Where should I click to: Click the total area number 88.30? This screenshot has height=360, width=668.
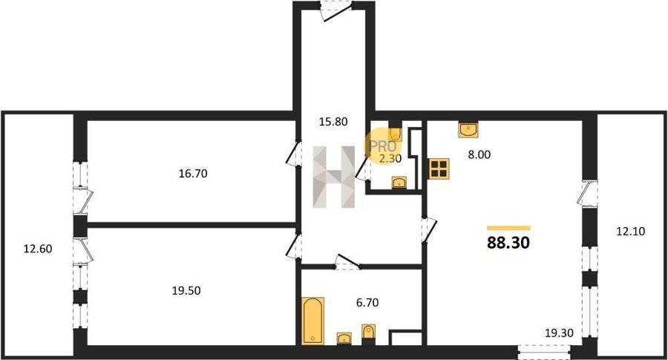pyautogui.click(x=508, y=243)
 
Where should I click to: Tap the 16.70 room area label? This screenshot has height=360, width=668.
pyautogui.click(x=193, y=174)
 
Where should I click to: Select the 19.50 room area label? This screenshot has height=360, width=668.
pyautogui.click(x=186, y=290)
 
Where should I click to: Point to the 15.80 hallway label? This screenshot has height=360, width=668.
pyautogui.click(x=333, y=122)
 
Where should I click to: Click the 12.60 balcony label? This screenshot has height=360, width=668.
pyautogui.click(x=38, y=249)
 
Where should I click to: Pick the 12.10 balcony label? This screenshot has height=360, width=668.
pyautogui.click(x=630, y=232)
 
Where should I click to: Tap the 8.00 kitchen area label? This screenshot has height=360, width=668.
pyautogui.click(x=479, y=154)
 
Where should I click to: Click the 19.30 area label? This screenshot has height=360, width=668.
pyautogui.click(x=560, y=333)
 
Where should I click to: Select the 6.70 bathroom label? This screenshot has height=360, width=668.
pyautogui.click(x=367, y=303)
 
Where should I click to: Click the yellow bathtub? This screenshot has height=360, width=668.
pyautogui.click(x=312, y=321)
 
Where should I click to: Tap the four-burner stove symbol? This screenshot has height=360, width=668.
pyautogui.click(x=439, y=168)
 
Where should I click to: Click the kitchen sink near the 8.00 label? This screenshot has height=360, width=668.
pyautogui.click(x=468, y=129)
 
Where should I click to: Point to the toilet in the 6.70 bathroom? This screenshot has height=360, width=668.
pyautogui.click(x=368, y=334)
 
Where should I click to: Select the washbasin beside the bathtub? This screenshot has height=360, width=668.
pyautogui.click(x=344, y=338)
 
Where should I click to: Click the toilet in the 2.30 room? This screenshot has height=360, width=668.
pyautogui.click(x=395, y=131)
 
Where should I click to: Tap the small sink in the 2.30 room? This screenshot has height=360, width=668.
pyautogui.click(x=399, y=183)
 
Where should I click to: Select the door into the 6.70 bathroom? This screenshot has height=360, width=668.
pyautogui.click(x=347, y=262)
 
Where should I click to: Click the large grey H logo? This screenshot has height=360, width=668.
pyautogui.click(x=334, y=177)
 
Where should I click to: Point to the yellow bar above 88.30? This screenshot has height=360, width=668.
pyautogui.click(x=508, y=228)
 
